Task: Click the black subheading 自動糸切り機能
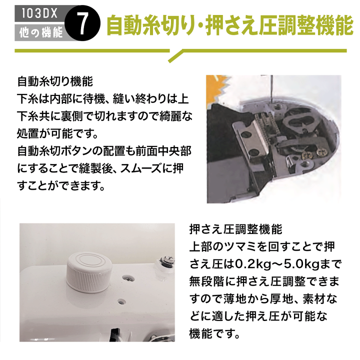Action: pos(54,81)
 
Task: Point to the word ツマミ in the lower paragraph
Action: pos(245,246)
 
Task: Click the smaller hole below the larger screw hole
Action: pos(121,302)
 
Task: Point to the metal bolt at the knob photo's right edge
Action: pos(163,260)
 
